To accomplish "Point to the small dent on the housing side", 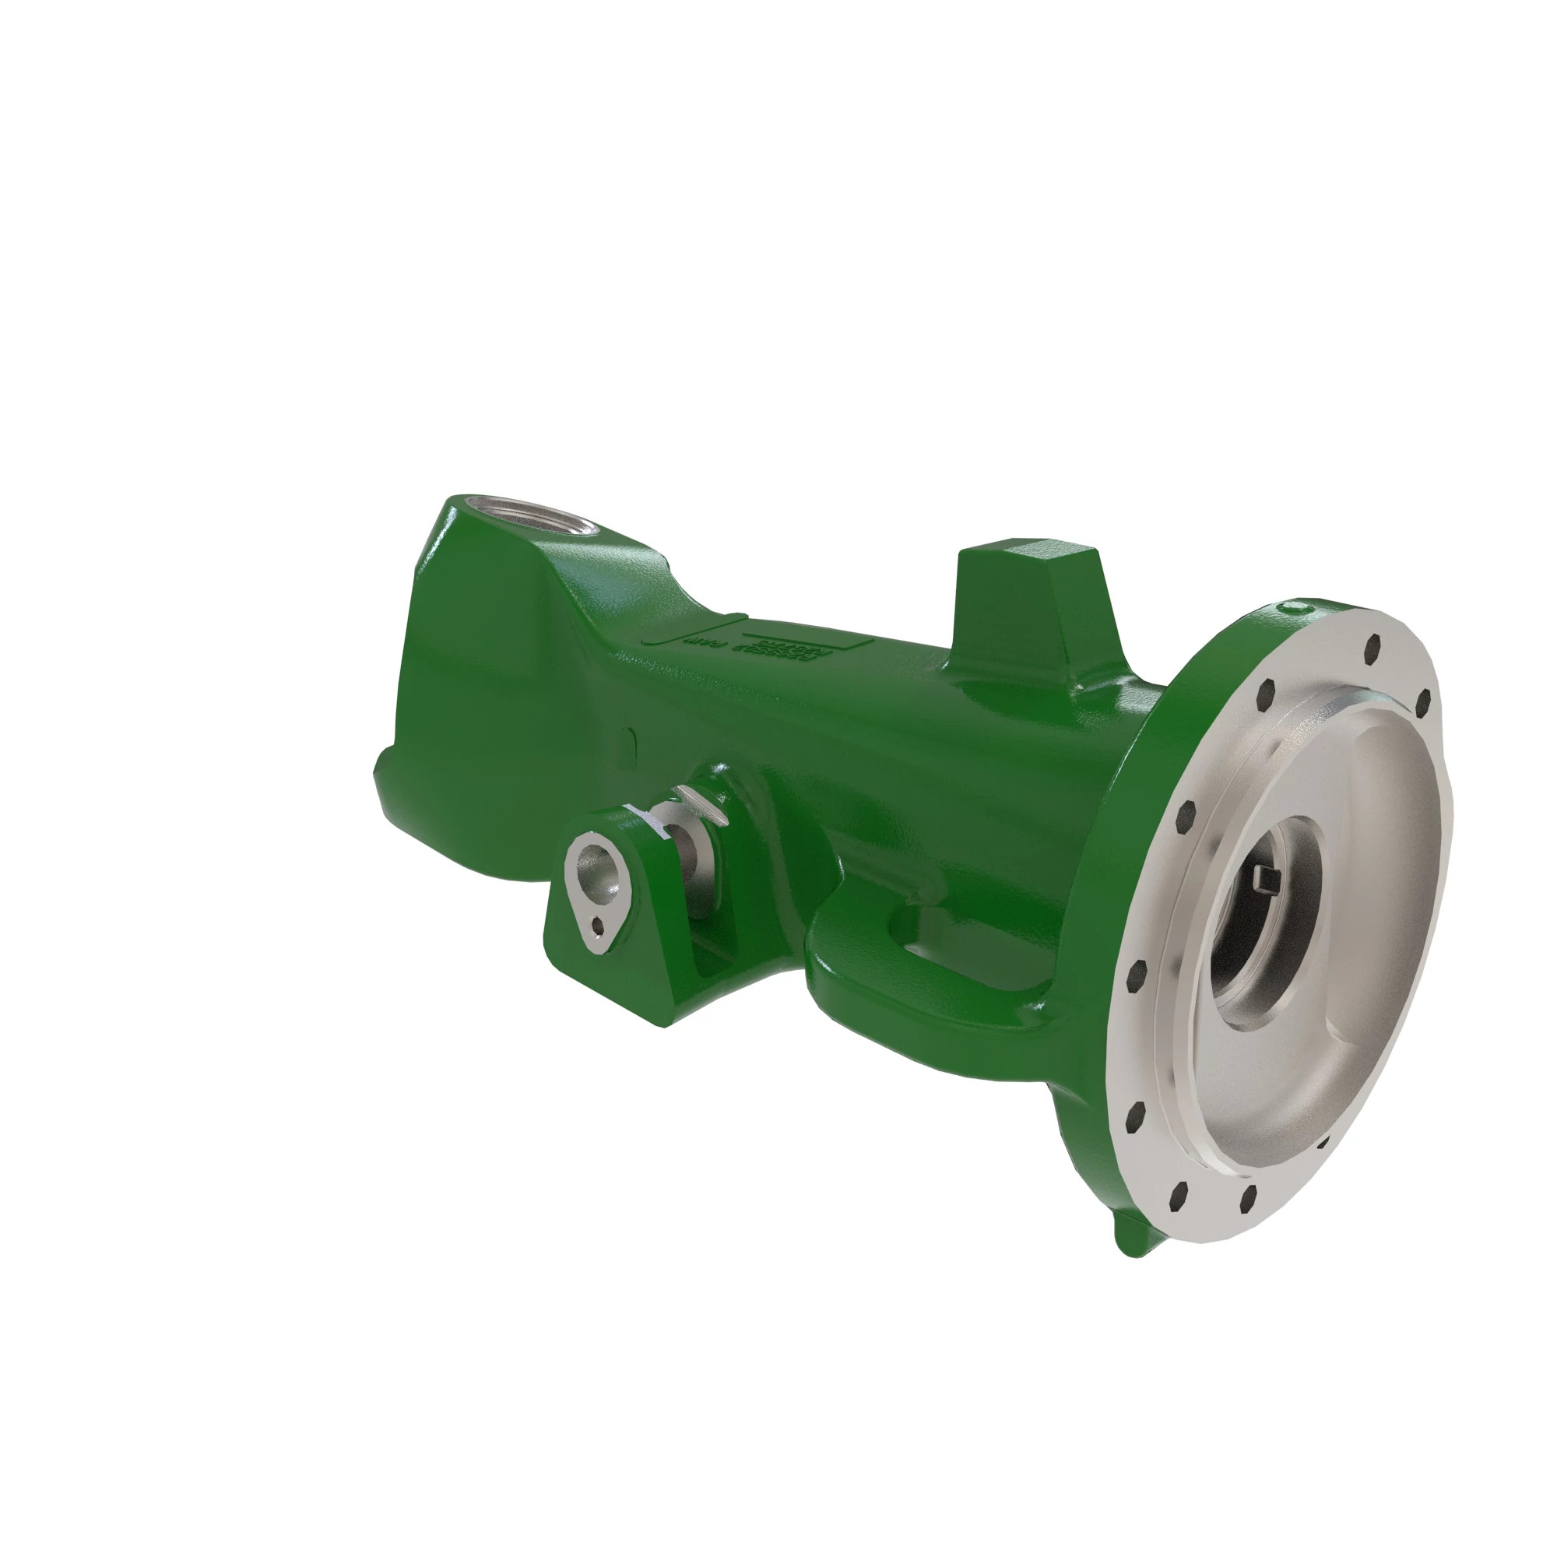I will [x=631, y=736].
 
